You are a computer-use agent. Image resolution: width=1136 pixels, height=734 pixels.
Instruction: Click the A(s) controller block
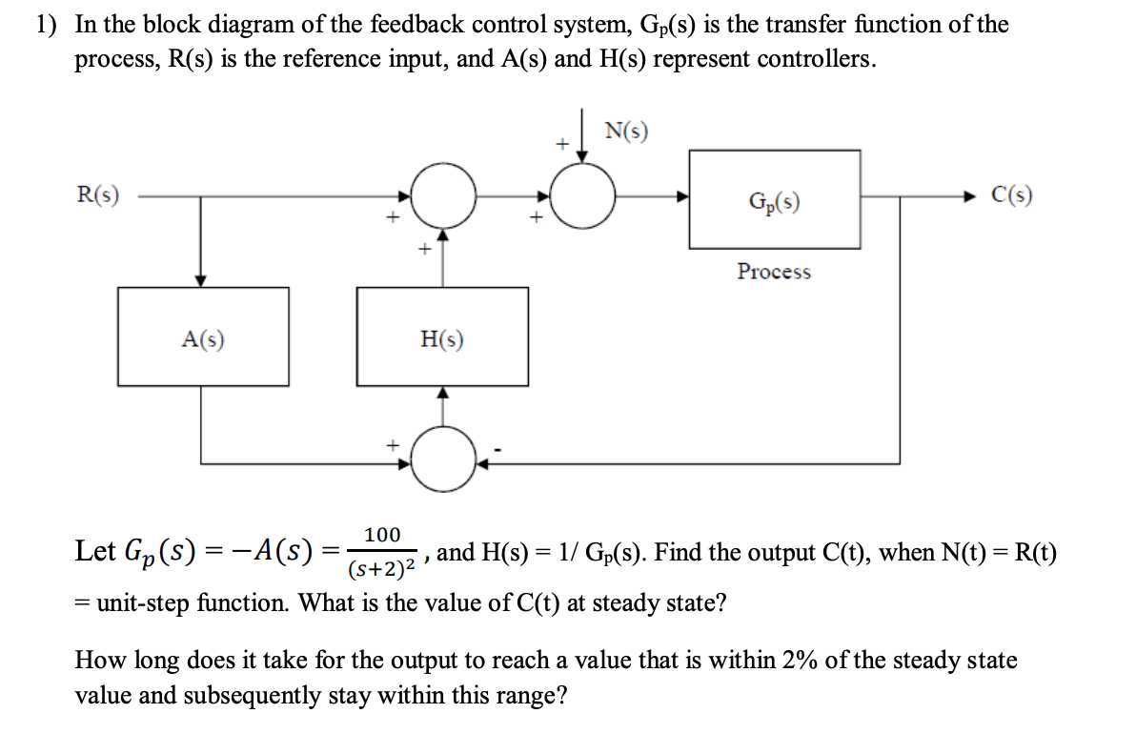tap(203, 336)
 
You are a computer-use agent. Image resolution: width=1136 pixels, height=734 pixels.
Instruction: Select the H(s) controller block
tap(441, 336)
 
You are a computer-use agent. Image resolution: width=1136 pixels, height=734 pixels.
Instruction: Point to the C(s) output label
tap(1011, 195)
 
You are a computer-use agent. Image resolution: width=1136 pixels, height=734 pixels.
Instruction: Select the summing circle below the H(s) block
tap(442, 464)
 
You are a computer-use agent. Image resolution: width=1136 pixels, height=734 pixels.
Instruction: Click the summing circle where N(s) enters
tap(584, 196)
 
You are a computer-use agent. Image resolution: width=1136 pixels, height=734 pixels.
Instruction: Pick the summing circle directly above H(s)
tap(442, 196)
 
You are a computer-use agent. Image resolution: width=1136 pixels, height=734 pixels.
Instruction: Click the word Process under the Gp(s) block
tap(774, 272)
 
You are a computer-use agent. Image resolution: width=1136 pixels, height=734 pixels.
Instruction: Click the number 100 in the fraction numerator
tap(382, 535)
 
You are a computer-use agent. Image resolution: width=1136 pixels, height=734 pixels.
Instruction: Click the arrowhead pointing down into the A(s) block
tap(201, 280)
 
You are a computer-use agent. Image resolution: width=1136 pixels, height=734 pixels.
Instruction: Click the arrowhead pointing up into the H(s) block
tap(442, 393)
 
